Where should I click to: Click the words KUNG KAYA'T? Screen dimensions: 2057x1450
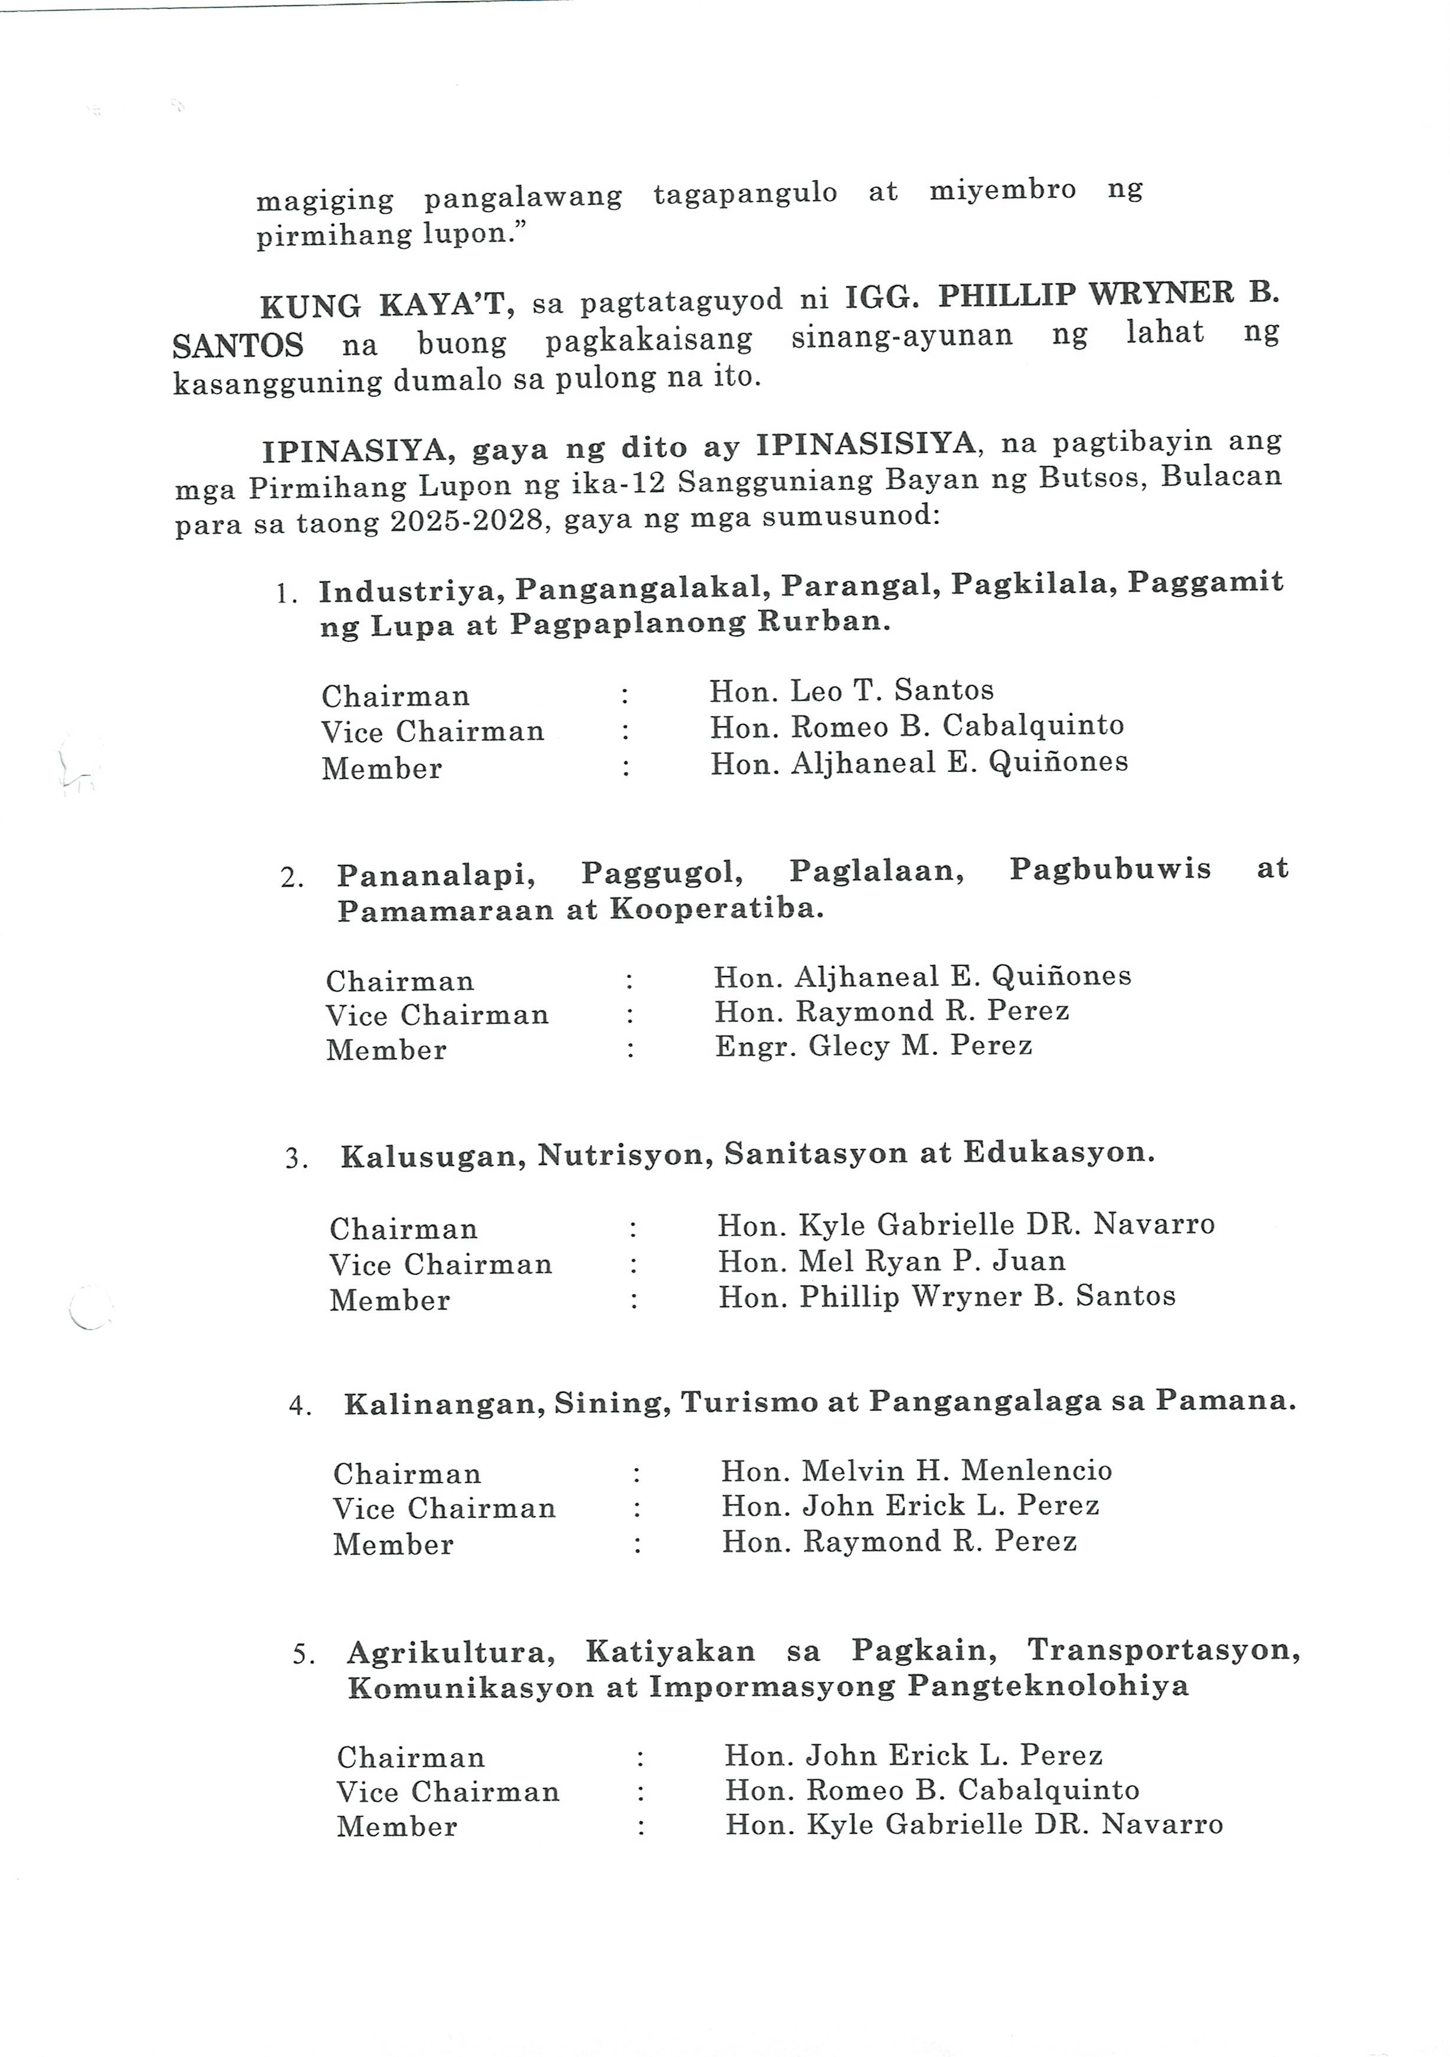click(x=386, y=305)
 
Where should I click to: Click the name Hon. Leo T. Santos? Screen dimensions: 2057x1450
click(x=851, y=690)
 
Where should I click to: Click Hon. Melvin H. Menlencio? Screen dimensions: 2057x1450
click(x=917, y=1470)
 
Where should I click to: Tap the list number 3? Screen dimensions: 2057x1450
click(x=296, y=1158)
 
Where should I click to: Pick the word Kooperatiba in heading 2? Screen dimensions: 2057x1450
click(x=716, y=909)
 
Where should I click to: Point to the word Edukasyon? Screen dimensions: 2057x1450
click(x=1059, y=1152)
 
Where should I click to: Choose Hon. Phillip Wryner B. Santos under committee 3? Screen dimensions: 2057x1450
click(x=947, y=1297)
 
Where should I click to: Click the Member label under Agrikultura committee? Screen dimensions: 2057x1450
click(x=397, y=1826)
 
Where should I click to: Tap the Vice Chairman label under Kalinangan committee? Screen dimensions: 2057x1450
click(x=444, y=1509)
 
